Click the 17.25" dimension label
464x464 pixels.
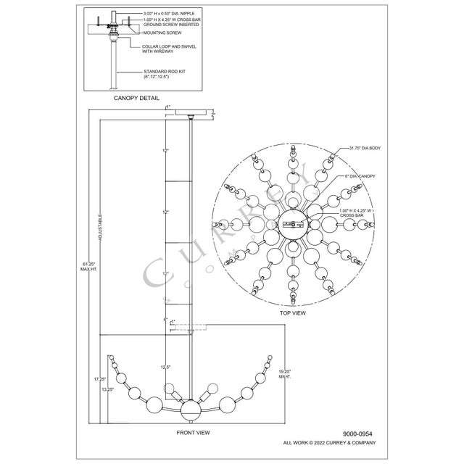tap(100, 378)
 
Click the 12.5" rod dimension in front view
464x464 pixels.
tap(165, 367)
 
